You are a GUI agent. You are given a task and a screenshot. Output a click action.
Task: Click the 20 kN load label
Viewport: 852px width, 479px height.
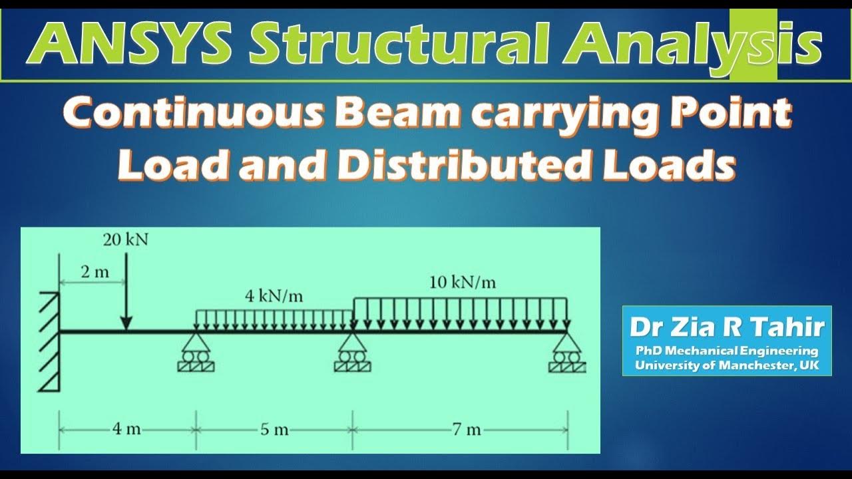point(125,240)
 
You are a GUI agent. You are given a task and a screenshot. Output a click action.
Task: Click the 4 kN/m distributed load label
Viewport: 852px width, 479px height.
point(274,295)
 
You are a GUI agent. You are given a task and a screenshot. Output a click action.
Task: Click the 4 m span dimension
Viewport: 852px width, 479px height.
point(126,429)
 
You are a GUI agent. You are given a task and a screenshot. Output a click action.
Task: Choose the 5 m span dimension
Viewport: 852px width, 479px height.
point(274,429)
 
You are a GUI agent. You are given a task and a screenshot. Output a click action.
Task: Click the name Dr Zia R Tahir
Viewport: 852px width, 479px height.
point(727,327)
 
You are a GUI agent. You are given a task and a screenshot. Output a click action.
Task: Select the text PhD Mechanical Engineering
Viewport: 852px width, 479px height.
point(727,351)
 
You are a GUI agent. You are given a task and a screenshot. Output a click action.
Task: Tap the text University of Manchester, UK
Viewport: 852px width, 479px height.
point(727,365)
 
